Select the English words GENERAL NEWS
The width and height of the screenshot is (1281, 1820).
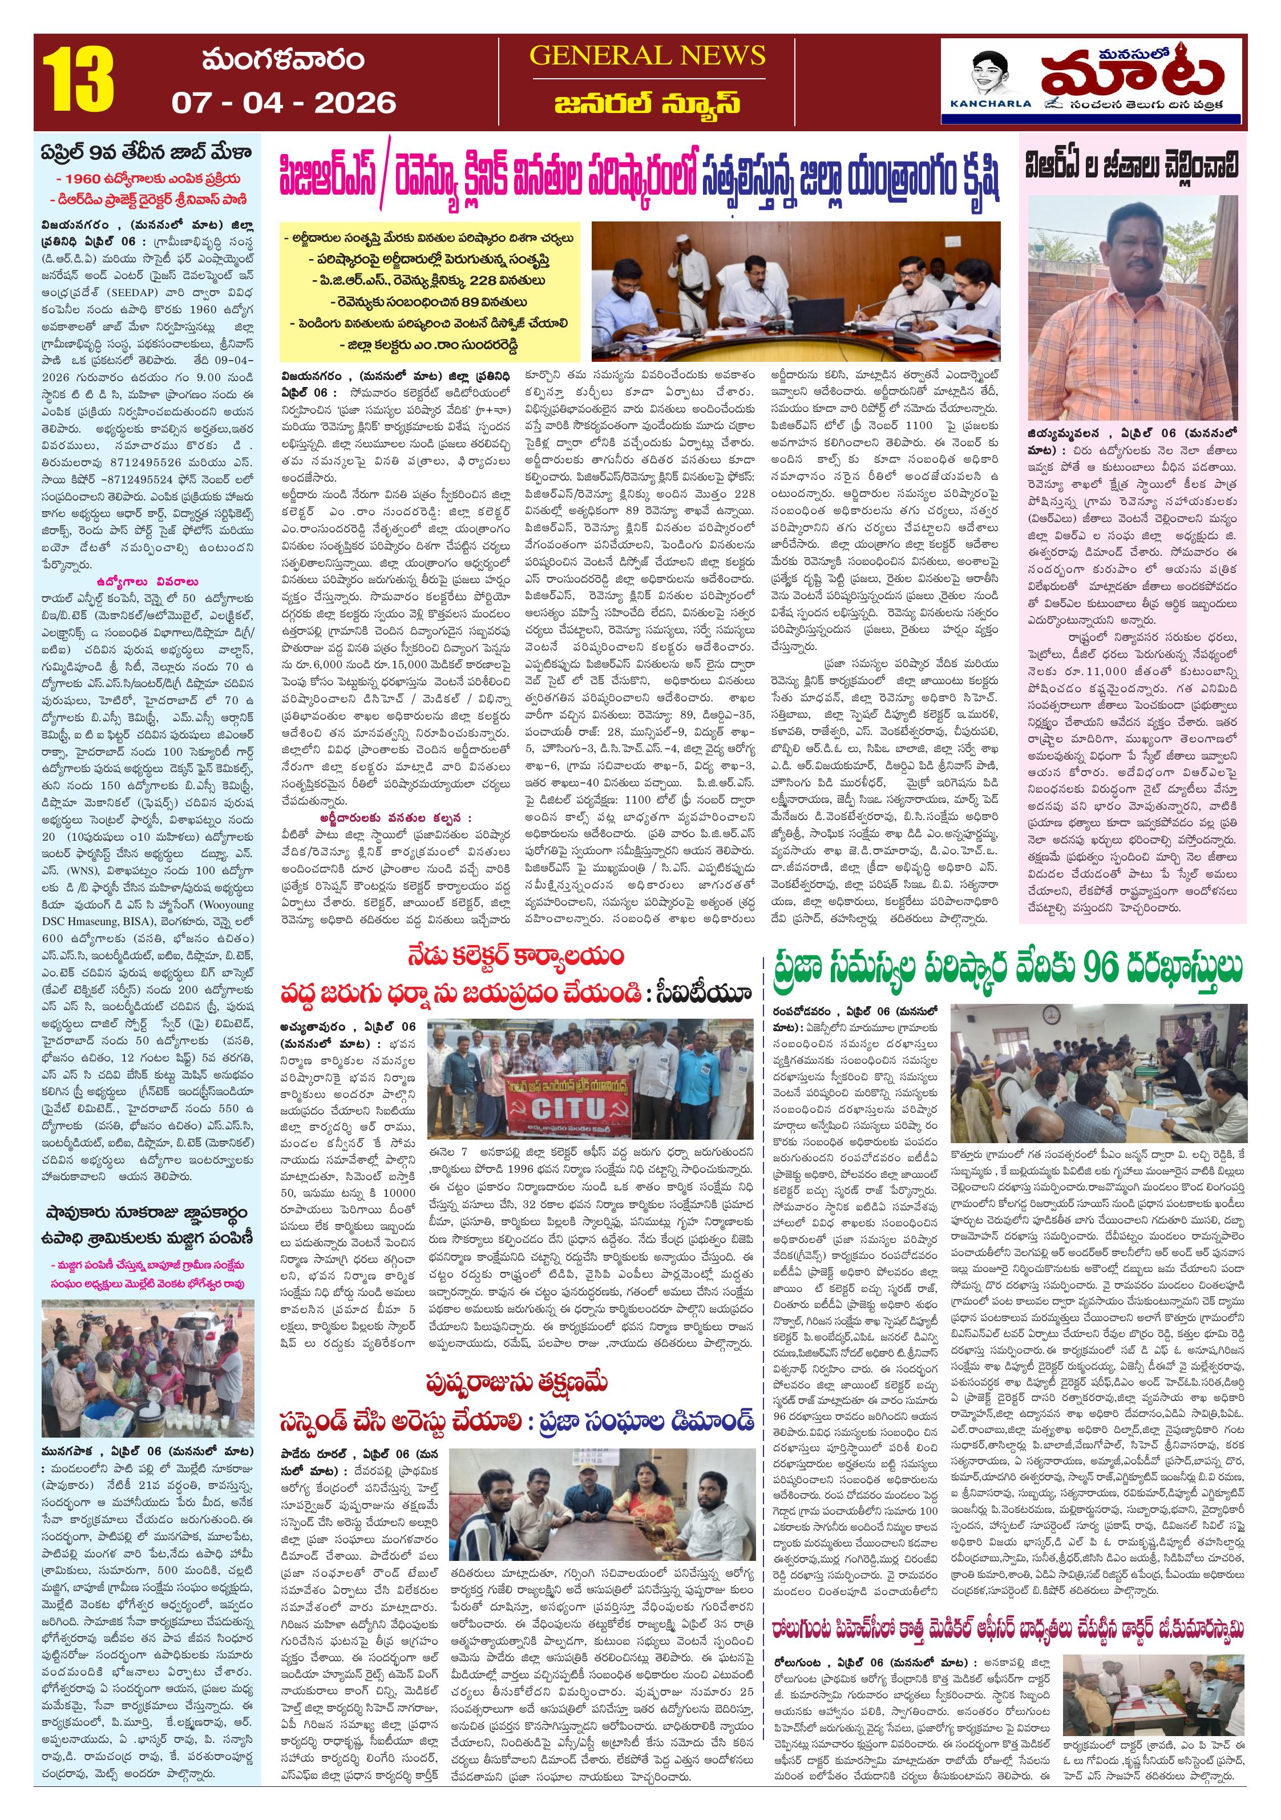(x=647, y=55)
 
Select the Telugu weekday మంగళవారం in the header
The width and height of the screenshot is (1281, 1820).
(x=283, y=60)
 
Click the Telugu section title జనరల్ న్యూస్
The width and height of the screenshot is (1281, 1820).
(x=647, y=104)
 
